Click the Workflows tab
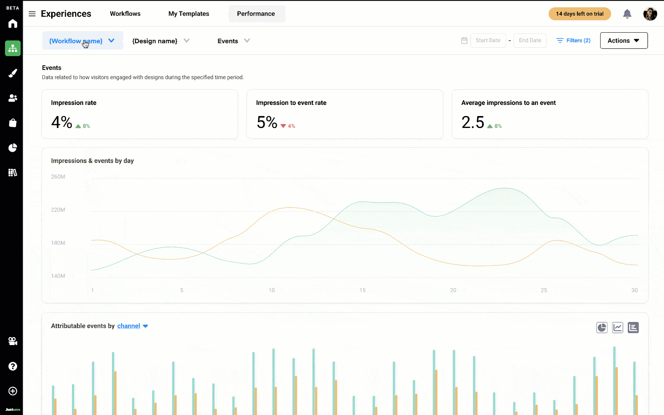(125, 14)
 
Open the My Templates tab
(188, 14)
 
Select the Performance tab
(256, 14)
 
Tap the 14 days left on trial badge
(579, 14)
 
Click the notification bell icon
(627, 14)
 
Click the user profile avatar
(650, 14)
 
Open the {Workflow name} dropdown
(82, 41)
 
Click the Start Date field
(488, 40)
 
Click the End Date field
(530, 40)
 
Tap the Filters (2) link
(574, 40)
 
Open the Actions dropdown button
(624, 40)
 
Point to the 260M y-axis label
(58, 177)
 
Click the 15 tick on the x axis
(363, 290)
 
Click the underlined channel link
(128, 326)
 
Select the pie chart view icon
(602, 327)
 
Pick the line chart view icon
(617, 327)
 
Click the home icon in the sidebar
(13, 24)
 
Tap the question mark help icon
(13, 366)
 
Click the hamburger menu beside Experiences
(32, 14)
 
